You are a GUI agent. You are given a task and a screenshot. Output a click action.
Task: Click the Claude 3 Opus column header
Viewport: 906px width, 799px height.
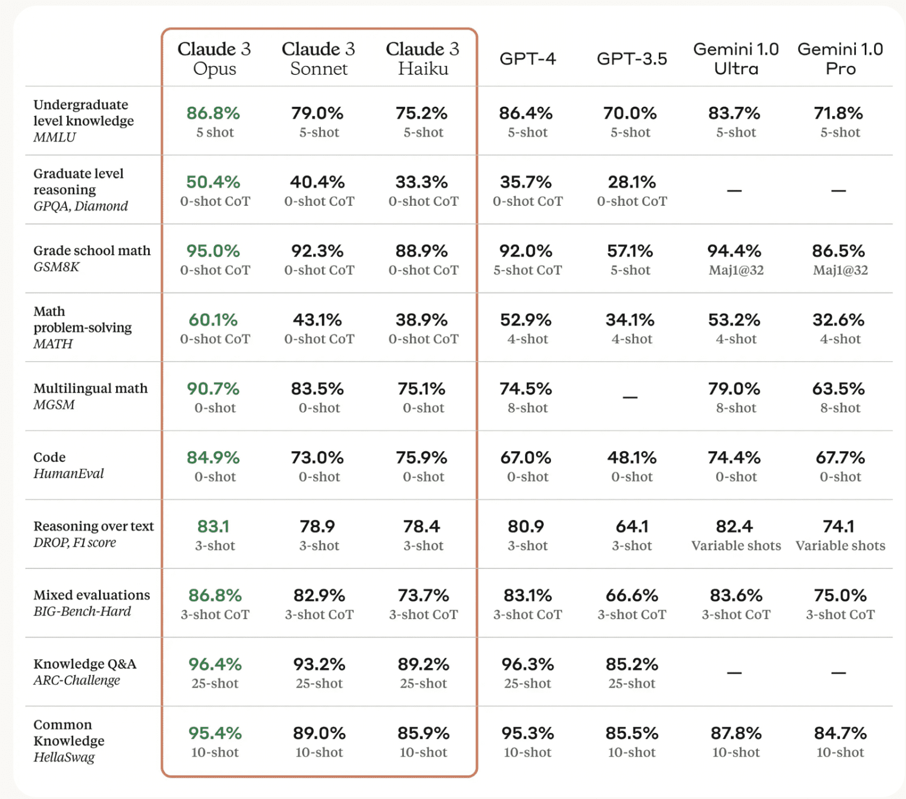tap(214, 58)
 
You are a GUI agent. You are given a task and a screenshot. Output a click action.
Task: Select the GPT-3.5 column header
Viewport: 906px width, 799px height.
tap(632, 59)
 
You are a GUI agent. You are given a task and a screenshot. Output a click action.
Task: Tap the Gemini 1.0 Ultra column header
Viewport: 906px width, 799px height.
tap(736, 58)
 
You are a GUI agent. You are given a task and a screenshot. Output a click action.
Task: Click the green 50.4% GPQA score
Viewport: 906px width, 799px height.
tap(213, 182)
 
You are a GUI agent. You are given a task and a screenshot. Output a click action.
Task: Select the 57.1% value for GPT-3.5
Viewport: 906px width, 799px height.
tap(630, 251)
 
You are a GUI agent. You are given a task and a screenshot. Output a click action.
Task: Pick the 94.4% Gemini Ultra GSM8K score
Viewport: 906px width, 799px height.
tap(734, 251)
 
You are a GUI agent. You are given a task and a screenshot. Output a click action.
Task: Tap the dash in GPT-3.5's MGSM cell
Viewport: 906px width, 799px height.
tap(630, 397)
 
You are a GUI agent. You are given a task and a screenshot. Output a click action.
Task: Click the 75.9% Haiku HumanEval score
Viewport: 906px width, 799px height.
tap(422, 458)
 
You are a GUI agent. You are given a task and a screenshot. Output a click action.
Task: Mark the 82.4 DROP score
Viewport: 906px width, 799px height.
tap(734, 526)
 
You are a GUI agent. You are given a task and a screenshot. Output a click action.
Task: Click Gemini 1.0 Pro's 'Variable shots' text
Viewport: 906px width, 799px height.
tap(840, 546)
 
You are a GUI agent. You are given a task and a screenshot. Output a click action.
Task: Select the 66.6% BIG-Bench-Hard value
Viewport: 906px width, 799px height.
tap(632, 595)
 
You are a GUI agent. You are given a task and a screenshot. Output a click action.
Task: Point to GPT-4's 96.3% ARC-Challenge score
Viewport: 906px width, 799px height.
tap(527, 664)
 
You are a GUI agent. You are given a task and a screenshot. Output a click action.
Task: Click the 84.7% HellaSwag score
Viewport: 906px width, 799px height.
tap(840, 733)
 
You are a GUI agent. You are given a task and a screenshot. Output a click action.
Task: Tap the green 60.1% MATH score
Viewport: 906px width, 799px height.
tap(213, 320)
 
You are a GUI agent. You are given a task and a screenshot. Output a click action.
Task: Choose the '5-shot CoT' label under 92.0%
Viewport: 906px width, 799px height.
tap(527, 271)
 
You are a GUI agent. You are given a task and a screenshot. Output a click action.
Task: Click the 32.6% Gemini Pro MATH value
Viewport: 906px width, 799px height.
tap(838, 320)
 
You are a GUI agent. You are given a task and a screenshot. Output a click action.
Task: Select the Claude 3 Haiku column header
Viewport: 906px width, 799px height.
tap(422, 58)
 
